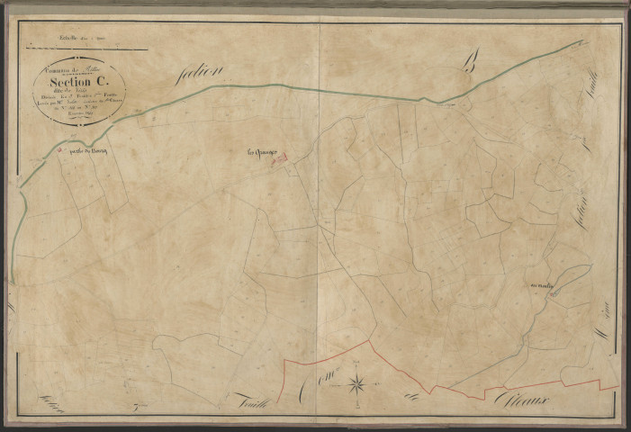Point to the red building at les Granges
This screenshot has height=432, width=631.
[279, 158]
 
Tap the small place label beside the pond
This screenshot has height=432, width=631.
[546, 287]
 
